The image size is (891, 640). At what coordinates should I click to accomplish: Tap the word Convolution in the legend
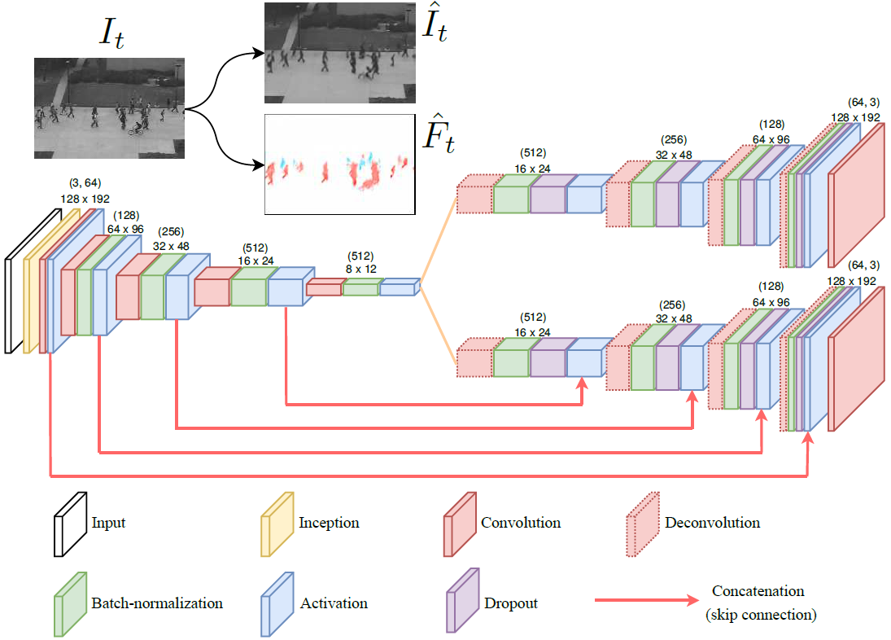tap(521, 522)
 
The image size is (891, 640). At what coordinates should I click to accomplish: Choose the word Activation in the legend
tap(334, 603)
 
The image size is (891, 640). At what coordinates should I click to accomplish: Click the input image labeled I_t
tap(109, 107)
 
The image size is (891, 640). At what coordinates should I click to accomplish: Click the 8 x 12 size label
tap(360, 268)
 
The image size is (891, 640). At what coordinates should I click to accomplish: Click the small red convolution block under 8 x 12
tap(323, 287)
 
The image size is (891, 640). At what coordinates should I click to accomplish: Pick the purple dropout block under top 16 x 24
tap(548, 199)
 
